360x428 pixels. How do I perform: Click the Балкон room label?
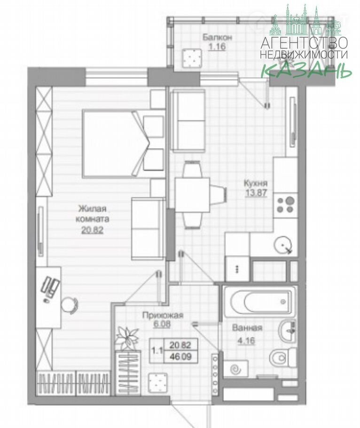coord(217,37)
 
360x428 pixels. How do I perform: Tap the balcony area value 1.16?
coord(217,47)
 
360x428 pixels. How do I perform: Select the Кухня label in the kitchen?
coord(256,183)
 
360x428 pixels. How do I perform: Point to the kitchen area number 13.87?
coord(256,193)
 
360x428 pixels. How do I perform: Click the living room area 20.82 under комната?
coord(92,230)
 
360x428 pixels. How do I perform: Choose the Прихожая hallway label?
coord(163,316)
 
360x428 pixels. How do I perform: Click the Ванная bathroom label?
coord(247,328)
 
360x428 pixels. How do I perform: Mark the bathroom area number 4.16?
coord(247,341)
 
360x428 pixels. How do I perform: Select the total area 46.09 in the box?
coord(180,357)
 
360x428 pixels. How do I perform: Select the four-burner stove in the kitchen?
coord(285,205)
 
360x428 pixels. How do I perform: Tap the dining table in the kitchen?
coord(192,195)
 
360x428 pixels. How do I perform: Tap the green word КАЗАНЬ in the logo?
coord(306,71)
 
